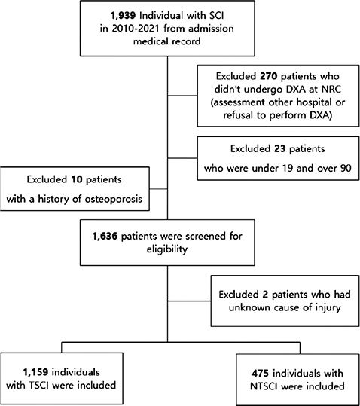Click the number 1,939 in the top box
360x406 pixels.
123,16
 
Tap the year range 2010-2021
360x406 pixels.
136,29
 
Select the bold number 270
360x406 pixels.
269,76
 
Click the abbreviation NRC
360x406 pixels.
331,90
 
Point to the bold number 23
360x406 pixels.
279,149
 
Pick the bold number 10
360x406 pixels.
77,179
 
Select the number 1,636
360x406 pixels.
105,237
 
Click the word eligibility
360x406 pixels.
167,249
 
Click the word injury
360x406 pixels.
328,308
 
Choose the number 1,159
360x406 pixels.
35,372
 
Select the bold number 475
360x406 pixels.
260,374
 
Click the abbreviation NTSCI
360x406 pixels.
264,386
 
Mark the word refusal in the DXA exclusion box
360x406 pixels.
238,115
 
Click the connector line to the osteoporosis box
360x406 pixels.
158,189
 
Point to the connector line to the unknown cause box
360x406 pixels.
189,301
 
